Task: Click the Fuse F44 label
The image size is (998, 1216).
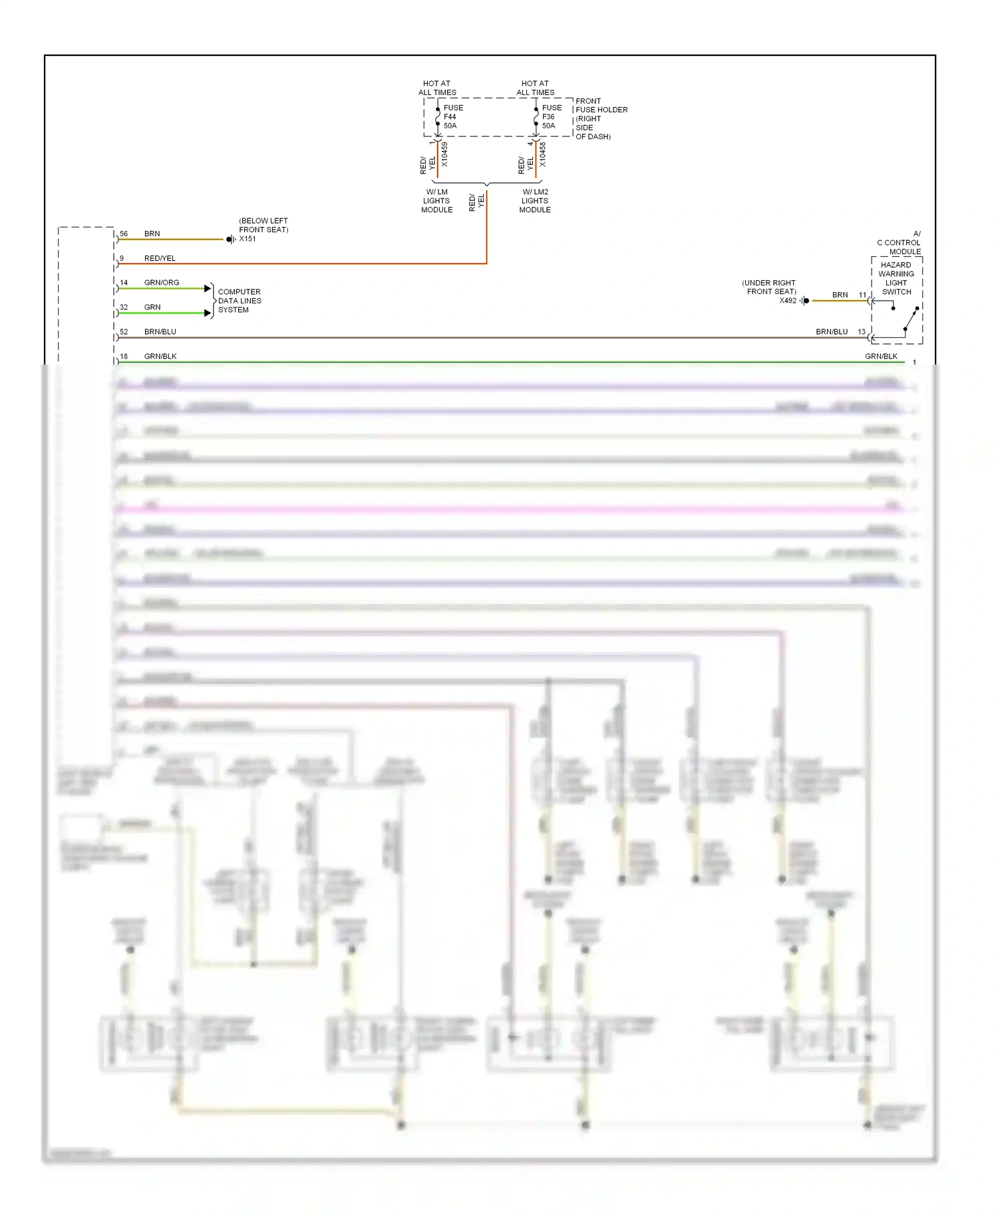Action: (452, 116)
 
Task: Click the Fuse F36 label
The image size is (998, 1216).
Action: (551, 116)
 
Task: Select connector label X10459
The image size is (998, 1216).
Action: (444, 154)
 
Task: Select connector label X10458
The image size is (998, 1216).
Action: (543, 154)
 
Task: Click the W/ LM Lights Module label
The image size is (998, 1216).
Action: (436, 201)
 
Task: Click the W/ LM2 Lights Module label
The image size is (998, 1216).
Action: (535, 201)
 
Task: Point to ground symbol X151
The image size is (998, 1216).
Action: (230, 239)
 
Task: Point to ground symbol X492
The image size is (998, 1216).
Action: (805, 301)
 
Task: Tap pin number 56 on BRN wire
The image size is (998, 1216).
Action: (124, 233)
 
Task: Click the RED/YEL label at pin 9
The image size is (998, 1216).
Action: (160, 258)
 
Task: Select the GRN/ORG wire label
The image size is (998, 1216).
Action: (162, 283)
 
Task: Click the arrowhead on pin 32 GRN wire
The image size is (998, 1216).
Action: (208, 313)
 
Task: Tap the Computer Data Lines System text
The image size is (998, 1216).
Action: (240, 301)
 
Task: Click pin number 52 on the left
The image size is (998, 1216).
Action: (124, 331)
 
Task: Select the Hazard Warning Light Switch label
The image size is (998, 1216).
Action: (896, 278)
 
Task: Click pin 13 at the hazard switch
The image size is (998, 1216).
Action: (862, 331)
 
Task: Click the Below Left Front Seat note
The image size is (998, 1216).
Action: (263, 225)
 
